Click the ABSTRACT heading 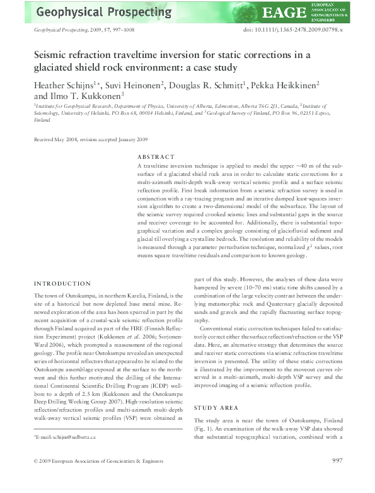point(156,157)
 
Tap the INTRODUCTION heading point(63,284)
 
